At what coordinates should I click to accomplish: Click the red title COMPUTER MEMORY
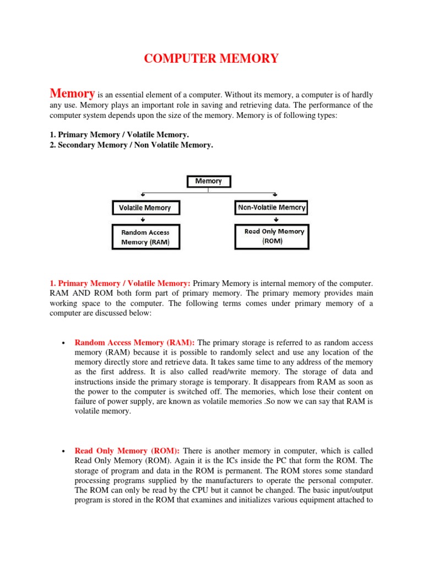coord(211,58)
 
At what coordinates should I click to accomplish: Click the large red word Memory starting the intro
coord(73,93)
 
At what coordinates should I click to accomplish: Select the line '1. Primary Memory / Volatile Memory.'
coord(120,134)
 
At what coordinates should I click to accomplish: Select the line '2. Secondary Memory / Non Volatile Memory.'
coord(131,145)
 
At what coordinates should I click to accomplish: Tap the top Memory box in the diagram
coord(209,181)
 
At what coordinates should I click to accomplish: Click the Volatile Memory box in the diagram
coord(145,208)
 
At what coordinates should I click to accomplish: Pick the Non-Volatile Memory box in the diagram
coord(271,208)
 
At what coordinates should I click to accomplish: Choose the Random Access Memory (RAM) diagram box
coord(145,237)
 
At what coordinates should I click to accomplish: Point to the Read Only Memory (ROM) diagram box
coord(274,236)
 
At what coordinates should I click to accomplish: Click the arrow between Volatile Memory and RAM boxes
coord(143,219)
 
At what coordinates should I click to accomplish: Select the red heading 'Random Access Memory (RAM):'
coord(135,341)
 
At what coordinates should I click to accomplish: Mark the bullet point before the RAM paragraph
coord(64,342)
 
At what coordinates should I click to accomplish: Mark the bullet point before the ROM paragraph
coord(64,451)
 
